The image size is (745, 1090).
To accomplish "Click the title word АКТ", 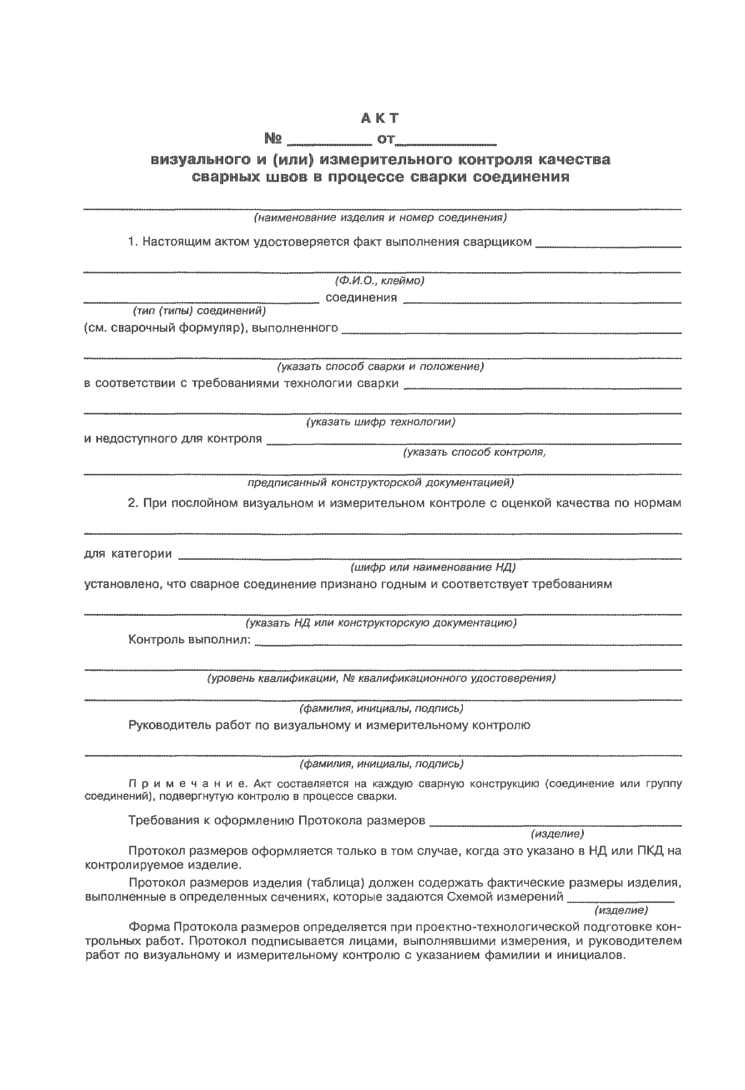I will tap(380, 118).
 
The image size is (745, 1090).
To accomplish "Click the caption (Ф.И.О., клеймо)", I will tap(379, 281).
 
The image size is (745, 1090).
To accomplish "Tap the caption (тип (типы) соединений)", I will tap(199, 311).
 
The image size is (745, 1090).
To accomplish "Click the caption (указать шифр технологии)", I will tap(380, 422).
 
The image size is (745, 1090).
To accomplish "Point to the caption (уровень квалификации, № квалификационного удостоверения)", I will tap(381, 678).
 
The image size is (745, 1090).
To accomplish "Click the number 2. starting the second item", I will tap(133, 503).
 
